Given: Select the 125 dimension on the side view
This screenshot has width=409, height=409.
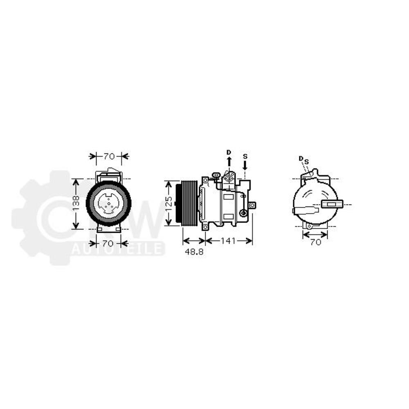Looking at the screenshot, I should point(169,203).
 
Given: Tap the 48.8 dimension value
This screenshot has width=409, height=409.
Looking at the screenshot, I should point(194,252).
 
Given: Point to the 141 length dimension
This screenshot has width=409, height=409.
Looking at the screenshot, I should point(229,241).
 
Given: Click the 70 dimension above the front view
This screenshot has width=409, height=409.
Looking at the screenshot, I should point(109,156).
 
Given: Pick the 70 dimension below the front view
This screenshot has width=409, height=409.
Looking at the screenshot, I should point(109,244).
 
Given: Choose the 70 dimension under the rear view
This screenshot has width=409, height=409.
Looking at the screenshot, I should point(315,242).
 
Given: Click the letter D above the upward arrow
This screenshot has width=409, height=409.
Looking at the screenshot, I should point(229,152).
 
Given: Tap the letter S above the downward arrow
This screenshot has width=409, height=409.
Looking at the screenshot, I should point(245,156).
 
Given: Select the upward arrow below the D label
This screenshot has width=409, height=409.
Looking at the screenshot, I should point(229,162).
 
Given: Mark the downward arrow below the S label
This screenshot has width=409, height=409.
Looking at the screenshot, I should point(245,165).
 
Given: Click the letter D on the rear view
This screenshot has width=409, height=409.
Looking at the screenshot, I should point(301,158).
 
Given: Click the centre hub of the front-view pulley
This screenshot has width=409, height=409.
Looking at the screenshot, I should point(109,203).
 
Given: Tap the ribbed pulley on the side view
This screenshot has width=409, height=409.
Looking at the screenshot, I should point(189,203).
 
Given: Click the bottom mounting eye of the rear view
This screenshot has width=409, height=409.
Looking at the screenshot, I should point(310,226).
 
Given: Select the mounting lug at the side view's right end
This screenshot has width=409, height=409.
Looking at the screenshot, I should point(252,205).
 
